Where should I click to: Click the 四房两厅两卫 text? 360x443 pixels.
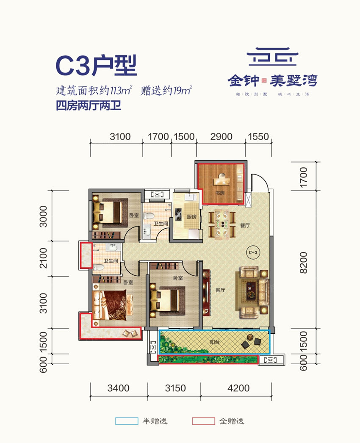(x=89, y=105)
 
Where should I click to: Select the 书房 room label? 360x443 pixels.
(x=219, y=193)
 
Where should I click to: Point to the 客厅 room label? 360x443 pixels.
(x=219, y=291)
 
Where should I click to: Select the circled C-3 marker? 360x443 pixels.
(x=253, y=252)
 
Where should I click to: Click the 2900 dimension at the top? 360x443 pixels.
(x=221, y=137)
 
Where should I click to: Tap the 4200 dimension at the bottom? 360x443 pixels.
(x=238, y=388)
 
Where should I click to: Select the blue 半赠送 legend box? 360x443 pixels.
(x=127, y=421)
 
